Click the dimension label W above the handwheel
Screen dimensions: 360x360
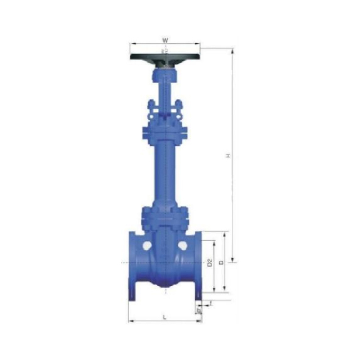point(165,40)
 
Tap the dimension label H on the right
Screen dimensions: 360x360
point(228,156)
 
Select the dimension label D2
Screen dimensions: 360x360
point(209,263)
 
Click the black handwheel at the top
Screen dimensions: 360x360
point(165,57)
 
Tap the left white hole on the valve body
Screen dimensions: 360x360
point(146,246)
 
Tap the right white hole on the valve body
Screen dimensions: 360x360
point(184,246)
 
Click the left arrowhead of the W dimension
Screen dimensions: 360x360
point(131,44)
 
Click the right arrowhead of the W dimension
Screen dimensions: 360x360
point(199,44)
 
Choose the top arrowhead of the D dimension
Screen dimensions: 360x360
point(226,233)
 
